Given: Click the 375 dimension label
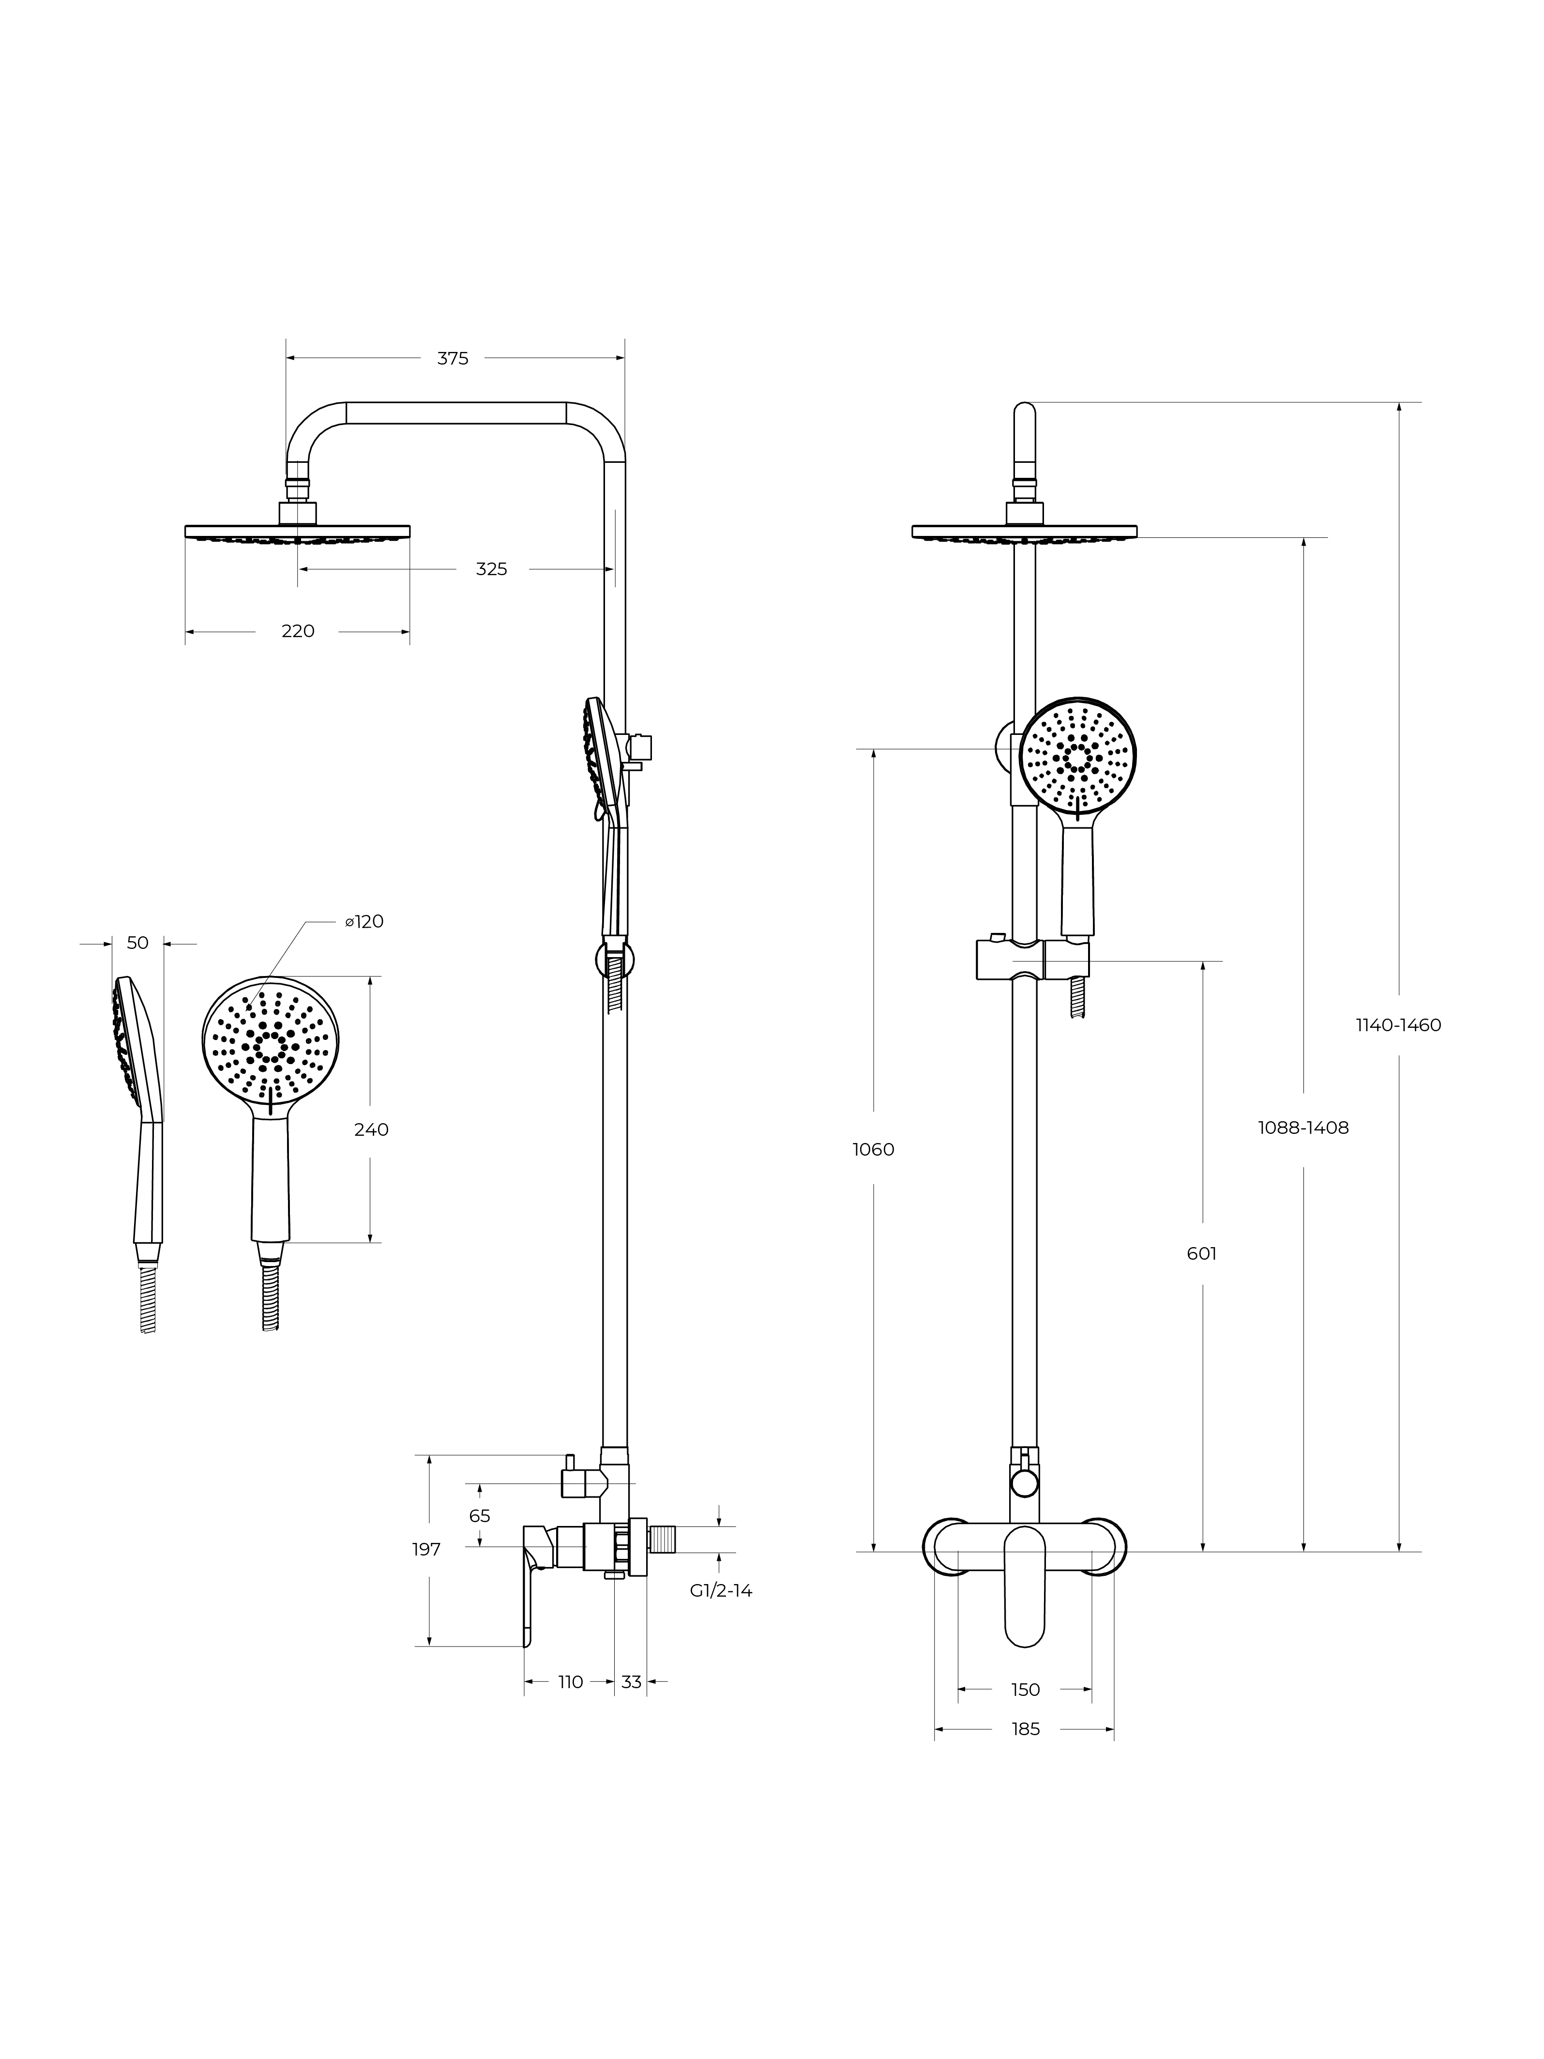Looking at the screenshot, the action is pyautogui.click(x=453, y=358).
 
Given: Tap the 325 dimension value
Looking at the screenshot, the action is pyautogui.click(x=491, y=569).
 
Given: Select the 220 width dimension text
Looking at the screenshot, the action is pyautogui.click(x=298, y=631).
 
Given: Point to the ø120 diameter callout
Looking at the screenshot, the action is pyautogui.click(x=364, y=921).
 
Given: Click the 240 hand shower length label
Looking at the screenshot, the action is pyautogui.click(x=371, y=1129).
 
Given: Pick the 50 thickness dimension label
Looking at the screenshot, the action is pyautogui.click(x=138, y=943).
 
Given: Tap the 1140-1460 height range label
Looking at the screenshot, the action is pyautogui.click(x=1398, y=1025).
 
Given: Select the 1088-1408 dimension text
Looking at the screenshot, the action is pyautogui.click(x=1303, y=1127).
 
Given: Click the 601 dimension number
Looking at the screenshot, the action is pyautogui.click(x=1201, y=1254).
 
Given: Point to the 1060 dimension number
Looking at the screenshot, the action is pyautogui.click(x=873, y=1150).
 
